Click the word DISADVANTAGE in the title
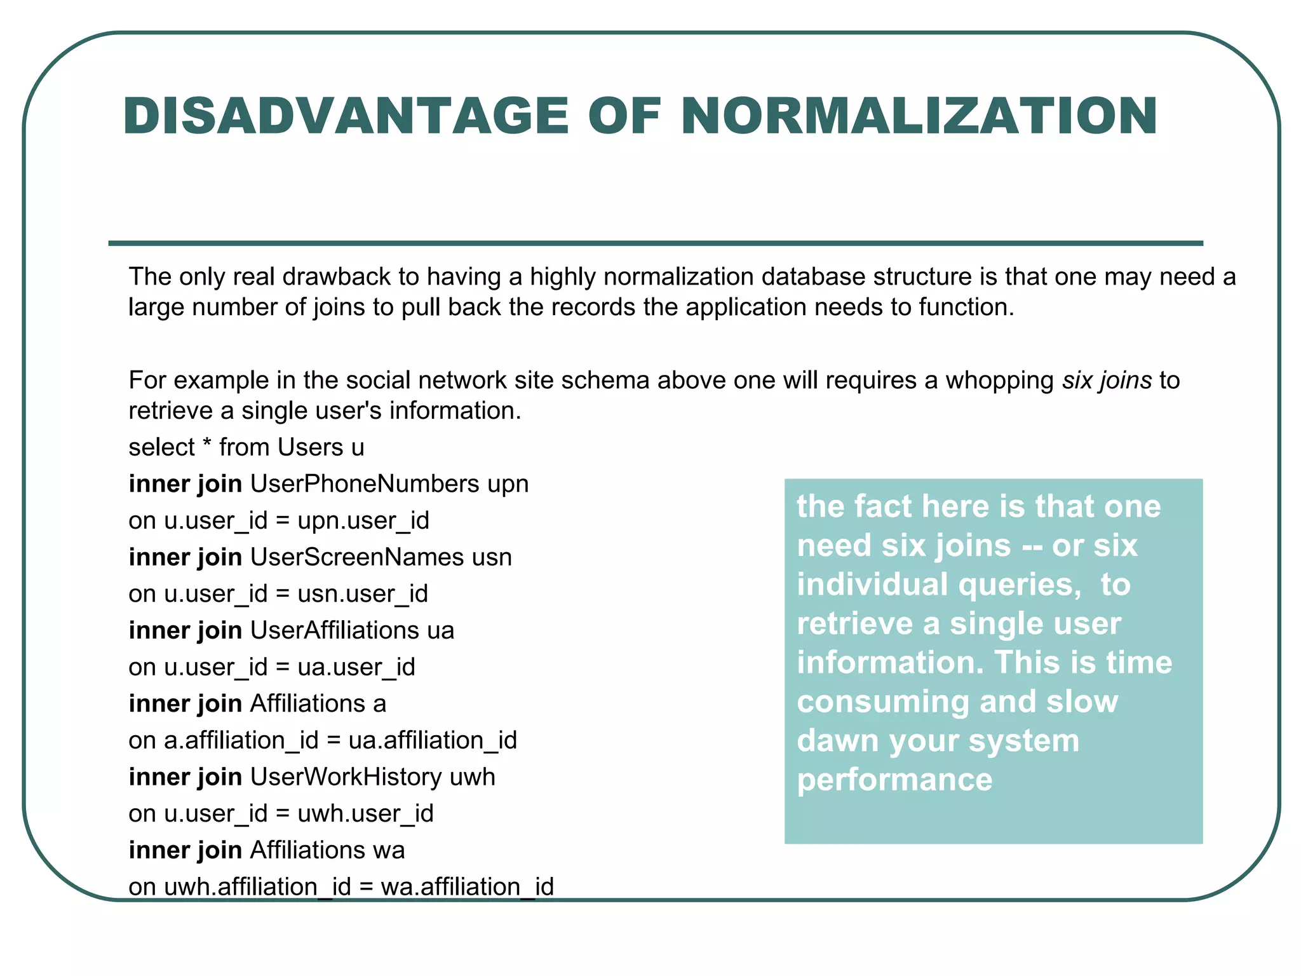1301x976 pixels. click(346, 116)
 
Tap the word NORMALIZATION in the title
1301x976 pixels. click(919, 116)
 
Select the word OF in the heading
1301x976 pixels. click(624, 116)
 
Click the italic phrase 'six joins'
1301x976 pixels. click(1107, 380)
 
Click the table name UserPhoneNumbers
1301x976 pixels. click(365, 484)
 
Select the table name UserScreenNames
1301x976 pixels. click(357, 557)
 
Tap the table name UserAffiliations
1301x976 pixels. click(334, 630)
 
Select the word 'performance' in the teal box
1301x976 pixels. click(894, 780)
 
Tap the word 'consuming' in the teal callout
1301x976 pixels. click(884, 702)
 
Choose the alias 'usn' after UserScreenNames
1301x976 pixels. click(492, 557)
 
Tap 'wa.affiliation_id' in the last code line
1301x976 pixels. click(467, 886)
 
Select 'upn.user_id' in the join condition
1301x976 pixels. click(363, 521)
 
